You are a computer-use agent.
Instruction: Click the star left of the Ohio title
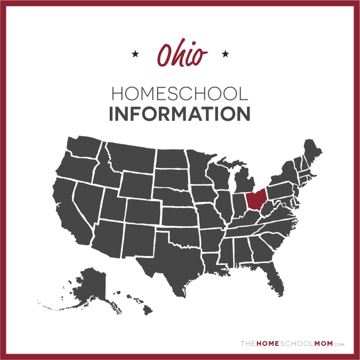point(136,54)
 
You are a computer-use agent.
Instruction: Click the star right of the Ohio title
point(225,54)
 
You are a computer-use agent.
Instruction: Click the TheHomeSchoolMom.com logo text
point(292,344)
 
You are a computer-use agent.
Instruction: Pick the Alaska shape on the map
point(89,286)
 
